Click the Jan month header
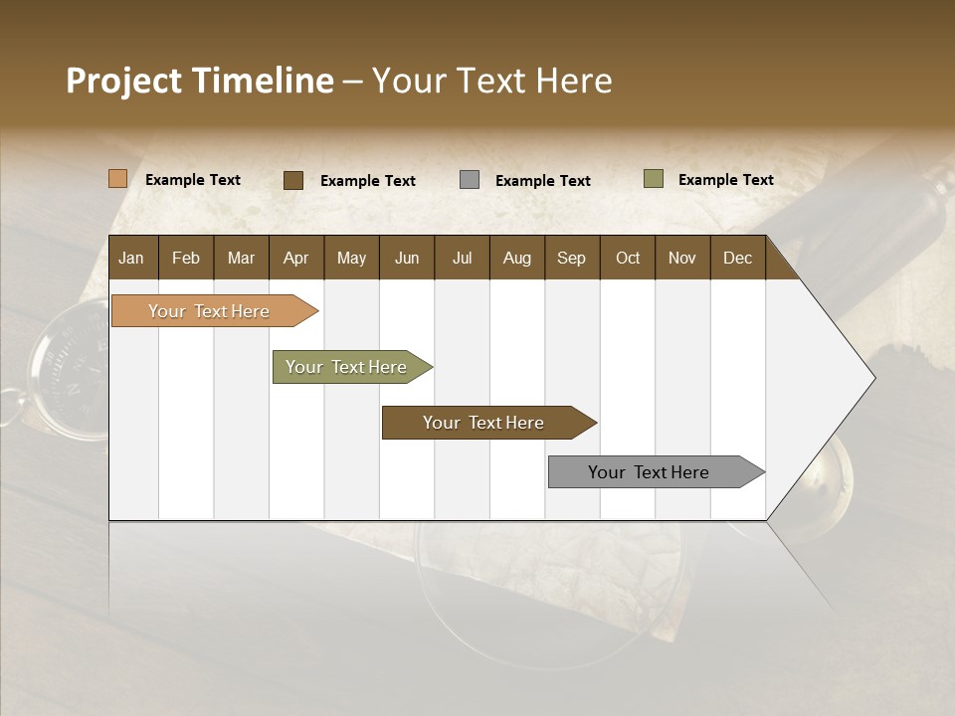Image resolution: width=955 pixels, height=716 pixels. tap(132, 258)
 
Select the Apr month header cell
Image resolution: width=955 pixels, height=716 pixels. tap(296, 258)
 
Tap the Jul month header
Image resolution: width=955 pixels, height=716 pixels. tap(462, 258)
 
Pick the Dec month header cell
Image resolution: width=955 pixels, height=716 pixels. tap(737, 258)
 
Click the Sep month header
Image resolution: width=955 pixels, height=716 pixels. tap(572, 258)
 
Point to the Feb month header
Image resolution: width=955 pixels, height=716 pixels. tap(186, 258)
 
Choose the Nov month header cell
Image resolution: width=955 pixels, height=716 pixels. tap(682, 258)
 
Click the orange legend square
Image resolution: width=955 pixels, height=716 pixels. tap(118, 179)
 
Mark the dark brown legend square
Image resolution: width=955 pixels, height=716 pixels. tap(293, 180)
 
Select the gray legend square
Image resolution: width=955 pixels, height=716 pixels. tap(470, 180)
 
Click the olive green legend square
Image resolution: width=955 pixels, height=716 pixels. tap(654, 179)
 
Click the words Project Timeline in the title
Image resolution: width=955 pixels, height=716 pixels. tap(200, 81)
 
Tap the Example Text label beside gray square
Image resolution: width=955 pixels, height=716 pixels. tap(543, 181)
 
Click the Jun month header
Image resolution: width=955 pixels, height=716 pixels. tap(407, 258)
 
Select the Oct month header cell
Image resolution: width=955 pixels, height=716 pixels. tap(628, 258)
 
